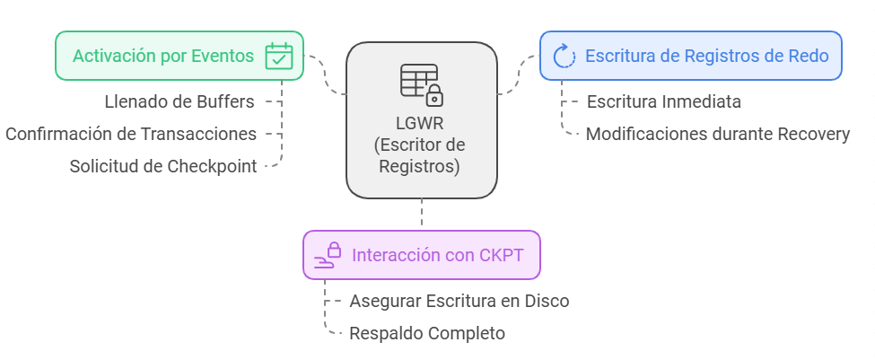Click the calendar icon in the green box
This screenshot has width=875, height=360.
click(x=279, y=57)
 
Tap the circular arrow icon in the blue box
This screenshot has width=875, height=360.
click(x=564, y=57)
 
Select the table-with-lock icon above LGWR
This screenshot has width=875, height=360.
click(x=422, y=83)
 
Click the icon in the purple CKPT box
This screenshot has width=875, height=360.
click(x=328, y=255)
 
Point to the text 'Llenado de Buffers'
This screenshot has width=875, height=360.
click(x=179, y=101)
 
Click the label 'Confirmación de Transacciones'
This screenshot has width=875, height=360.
click(x=131, y=134)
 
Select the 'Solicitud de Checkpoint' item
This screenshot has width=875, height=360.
click(x=163, y=166)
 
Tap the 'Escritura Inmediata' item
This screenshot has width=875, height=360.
click(x=663, y=101)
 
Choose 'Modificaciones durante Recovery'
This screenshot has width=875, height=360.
click(x=717, y=134)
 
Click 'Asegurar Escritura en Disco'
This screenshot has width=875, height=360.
click(x=459, y=301)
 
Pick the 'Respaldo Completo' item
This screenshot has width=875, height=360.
click(x=427, y=333)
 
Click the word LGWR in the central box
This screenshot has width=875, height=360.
click(x=421, y=124)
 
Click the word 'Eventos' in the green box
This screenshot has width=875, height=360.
click(x=223, y=57)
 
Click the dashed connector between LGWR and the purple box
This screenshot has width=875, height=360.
click(x=422, y=214)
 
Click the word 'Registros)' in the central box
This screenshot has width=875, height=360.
click(x=421, y=166)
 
